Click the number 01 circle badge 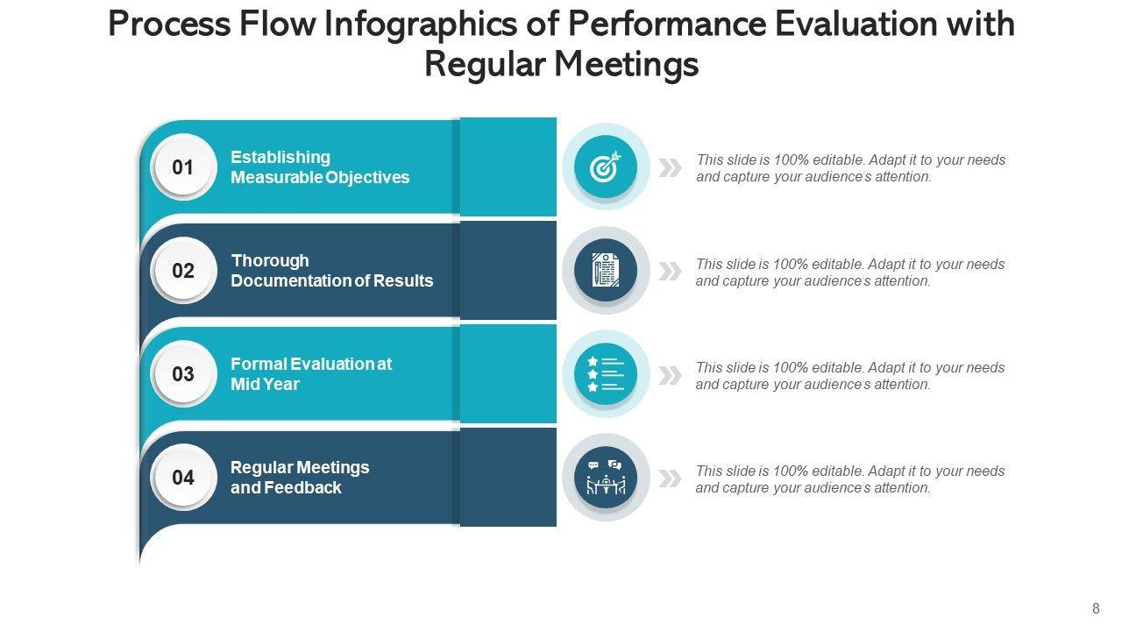tap(183, 167)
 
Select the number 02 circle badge tap(183, 270)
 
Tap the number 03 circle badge tap(183, 374)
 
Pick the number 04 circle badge tap(183, 478)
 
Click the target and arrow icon tap(605, 167)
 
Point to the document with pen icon tap(605, 270)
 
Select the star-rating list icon tap(605, 374)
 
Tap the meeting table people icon tap(605, 478)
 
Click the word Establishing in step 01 tap(280, 157)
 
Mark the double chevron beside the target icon tap(671, 167)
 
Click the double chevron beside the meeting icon tap(671, 479)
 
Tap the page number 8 tap(1096, 609)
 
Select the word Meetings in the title tap(631, 65)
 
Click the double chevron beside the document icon tap(671, 271)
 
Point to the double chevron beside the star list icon tap(671, 375)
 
